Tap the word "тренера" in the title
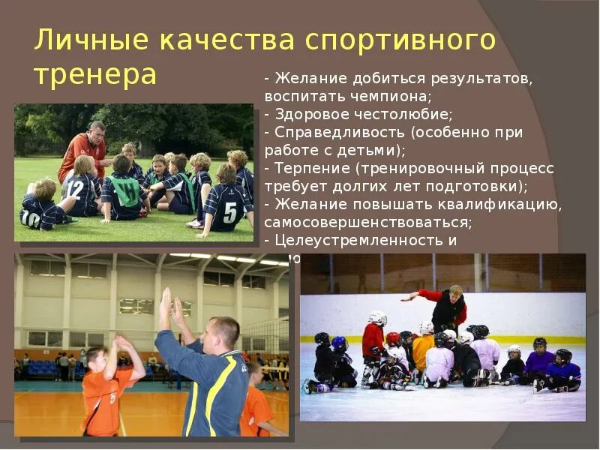pyautogui.click(x=95, y=75)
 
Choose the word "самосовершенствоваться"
pyautogui.click(x=368, y=223)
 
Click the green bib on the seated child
pyautogui.click(x=126, y=191)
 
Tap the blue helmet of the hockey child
pyautogui.click(x=339, y=343)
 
